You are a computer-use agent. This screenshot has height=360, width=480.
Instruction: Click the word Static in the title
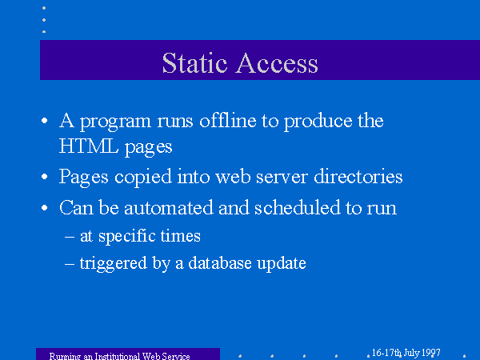point(194,62)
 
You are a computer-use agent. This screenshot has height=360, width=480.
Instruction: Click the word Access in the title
point(277,62)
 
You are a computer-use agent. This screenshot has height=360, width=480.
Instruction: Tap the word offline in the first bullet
point(228,120)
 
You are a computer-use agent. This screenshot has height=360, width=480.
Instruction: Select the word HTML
point(89,146)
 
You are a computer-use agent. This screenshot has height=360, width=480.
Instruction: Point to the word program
point(116,122)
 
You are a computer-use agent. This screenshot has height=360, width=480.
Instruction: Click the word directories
point(358,176)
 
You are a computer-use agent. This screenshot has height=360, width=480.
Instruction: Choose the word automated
point(169,207)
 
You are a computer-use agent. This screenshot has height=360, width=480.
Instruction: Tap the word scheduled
point(298,207)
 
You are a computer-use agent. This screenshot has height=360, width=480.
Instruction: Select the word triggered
point(114,264)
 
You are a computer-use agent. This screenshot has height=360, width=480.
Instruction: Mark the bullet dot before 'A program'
point(44,120)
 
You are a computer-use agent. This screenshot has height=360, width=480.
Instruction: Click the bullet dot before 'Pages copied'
point(44,176)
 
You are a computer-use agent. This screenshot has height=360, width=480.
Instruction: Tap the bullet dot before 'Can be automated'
point(44,207)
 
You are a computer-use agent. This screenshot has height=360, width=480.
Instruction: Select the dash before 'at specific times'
point(70,237)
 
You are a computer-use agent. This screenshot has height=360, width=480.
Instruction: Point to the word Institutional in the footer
point(118,356)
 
